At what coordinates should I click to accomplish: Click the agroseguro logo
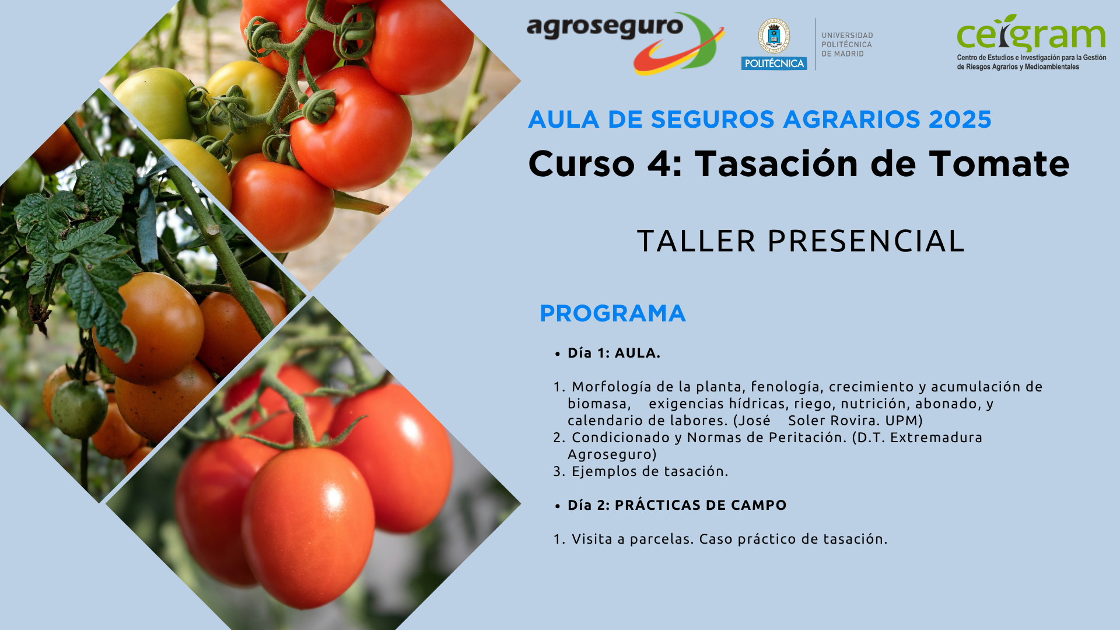625,43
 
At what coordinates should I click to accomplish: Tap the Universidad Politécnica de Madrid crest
773,36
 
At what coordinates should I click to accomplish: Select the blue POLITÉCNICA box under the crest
774,63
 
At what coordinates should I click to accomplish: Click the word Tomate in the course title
999,163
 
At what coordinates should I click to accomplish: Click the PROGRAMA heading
612,313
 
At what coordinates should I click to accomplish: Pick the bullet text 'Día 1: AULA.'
614,353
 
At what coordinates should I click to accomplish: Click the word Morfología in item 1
611,387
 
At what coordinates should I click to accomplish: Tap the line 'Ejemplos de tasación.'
650,471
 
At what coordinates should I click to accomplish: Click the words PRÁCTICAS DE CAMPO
701,505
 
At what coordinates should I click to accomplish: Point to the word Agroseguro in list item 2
612,455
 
